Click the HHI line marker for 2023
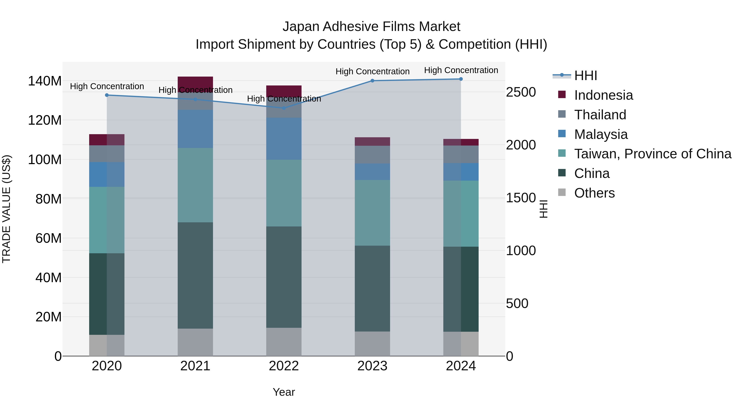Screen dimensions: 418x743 tap(372, 81)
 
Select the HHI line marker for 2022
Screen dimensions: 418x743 tap(284, 108)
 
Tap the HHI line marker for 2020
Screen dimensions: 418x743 tap(107, 95)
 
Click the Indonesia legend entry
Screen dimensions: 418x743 tap(603, 95)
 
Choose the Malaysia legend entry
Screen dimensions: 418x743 tap(601, 134)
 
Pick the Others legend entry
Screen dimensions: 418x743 tap(594, 193)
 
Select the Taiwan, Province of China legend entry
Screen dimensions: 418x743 tap(652, 154)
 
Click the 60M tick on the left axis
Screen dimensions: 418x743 tap(48, 238)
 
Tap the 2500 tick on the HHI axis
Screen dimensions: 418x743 tap(521, 92)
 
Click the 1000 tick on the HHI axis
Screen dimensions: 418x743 tap(521, 251)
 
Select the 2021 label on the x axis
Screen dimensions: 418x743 tap(195, 366)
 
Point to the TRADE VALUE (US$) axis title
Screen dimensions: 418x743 tap(6, 209)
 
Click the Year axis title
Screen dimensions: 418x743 tap(284, 392)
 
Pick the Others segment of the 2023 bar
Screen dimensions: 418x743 tap(372, 343)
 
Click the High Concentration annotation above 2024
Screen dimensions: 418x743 tap(461, 70)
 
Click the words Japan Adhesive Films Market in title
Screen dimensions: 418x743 tap(371, 27)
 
